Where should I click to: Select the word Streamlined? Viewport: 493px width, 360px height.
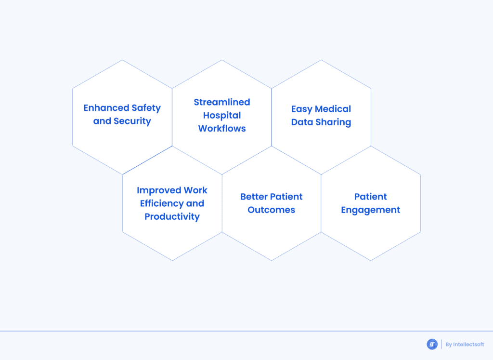click(222, 102)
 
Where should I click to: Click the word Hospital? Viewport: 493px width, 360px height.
click(222, 115)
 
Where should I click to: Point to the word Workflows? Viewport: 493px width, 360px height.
click(222, 129)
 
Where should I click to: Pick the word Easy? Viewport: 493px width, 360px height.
click(302, 109)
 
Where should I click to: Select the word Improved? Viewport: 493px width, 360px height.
click(158, 190)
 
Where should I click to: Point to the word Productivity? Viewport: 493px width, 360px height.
click(172, 217)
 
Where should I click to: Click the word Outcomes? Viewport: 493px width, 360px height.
click(272, 210)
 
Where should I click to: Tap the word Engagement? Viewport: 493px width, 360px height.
click(371, 210)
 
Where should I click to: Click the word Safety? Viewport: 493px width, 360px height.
click(146, 108)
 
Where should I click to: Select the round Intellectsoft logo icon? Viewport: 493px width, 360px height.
click(432, 344)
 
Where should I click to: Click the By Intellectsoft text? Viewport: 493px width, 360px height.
click(465, 345)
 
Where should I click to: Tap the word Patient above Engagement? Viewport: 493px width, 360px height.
click(371, 197)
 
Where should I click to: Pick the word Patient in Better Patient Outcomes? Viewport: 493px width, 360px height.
click(286, 197)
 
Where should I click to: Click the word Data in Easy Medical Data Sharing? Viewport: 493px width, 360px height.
click(302, 122)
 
